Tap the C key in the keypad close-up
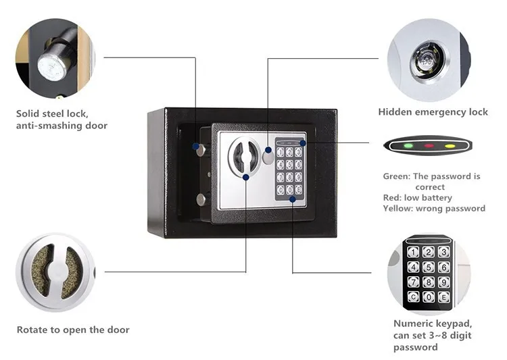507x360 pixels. point(413,296)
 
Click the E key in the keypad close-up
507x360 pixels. point(443,296)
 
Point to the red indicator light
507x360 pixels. point(428,146)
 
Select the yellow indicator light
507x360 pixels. point(449,146)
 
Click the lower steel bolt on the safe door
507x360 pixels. point(201,199)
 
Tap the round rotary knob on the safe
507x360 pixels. point(243,157)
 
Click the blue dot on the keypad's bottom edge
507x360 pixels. point(292,199)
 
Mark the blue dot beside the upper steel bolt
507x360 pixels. point(196,146)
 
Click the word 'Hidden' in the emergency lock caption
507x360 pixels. point(396,112)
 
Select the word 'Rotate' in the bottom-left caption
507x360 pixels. point(33,330)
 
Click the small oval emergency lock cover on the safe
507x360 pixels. point(269,157)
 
